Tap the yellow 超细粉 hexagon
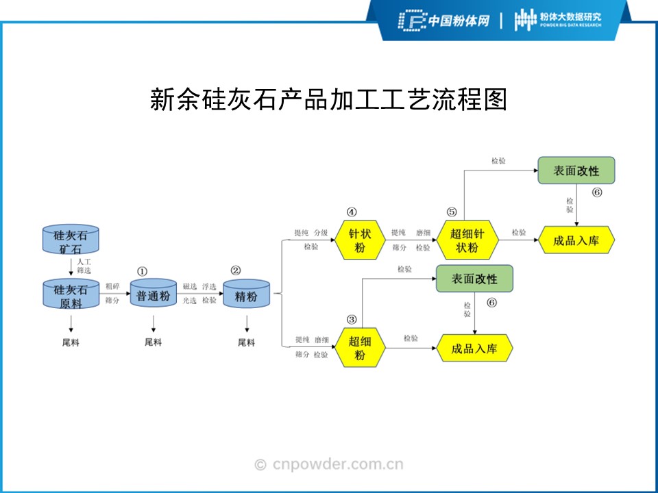[359, 347]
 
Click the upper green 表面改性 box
[576, 170]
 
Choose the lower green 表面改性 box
[474, 279]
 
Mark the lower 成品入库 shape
[474, 349]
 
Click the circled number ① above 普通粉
[143, 271]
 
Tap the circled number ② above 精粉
[236, 270]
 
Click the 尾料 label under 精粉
[246, 342]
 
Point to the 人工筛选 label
[84, 266]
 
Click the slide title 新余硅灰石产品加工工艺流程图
[328, 100]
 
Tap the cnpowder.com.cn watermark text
[329, 465]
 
